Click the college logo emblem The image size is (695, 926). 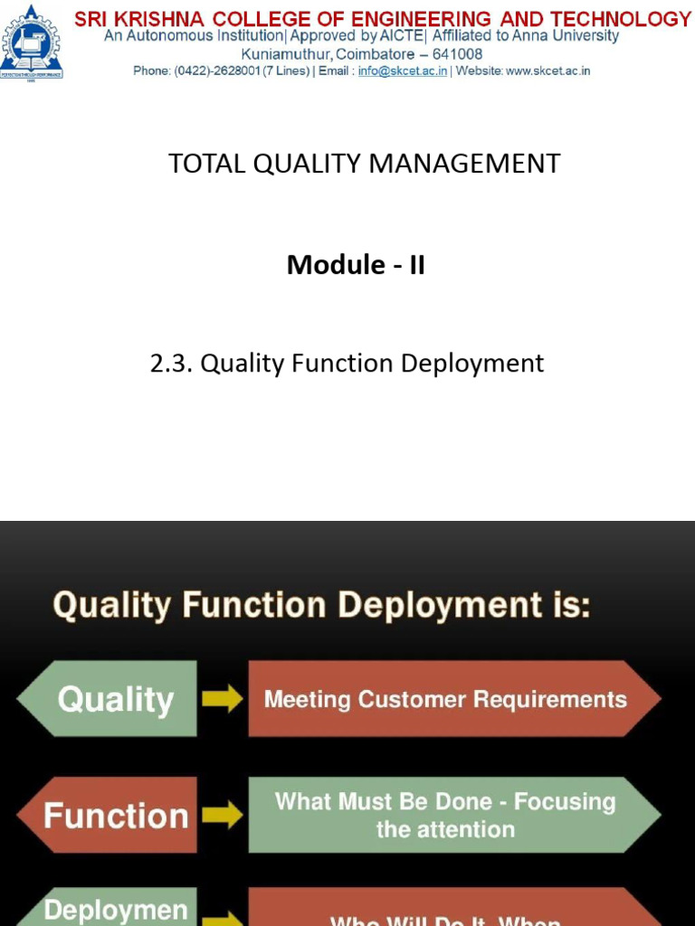32,43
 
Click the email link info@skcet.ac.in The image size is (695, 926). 403,71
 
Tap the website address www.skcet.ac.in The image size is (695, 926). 547,71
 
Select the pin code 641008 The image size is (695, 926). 458,53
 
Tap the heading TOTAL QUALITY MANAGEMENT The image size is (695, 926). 364,164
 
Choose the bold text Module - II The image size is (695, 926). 356,265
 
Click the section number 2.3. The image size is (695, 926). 171,364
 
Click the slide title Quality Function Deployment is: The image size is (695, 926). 321,605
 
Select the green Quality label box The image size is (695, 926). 113,699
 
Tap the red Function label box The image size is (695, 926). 113,816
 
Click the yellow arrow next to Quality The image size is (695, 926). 222,698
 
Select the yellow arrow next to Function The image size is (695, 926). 222,815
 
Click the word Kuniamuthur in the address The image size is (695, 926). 285,53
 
